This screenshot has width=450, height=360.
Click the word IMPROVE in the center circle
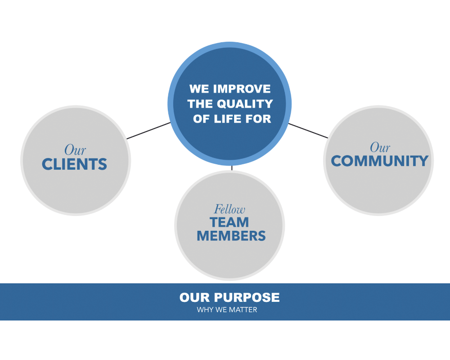tap(242, 89)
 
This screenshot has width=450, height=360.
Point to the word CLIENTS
tap(74, 164)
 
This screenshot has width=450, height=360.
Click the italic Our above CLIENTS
tap(75, 150)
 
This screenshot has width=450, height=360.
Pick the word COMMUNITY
tap(379, 161)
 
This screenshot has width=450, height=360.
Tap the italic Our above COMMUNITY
tap(380, 147)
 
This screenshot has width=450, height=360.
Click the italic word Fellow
tap(229, 209)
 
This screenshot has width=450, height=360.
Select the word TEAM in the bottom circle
tap(229, 222)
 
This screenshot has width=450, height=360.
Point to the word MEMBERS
tap(231, 236)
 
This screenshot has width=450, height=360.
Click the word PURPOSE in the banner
tap(247, 297)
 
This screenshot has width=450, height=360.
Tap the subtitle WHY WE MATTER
tap(227, 310)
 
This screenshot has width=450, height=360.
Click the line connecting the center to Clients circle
tap(148, 130)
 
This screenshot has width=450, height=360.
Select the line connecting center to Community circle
tap(308, 130)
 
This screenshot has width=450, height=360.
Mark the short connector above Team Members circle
tap(232, 168)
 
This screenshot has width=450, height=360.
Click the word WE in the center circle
tap(199, 89)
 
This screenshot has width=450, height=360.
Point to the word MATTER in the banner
tap(243, 310)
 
